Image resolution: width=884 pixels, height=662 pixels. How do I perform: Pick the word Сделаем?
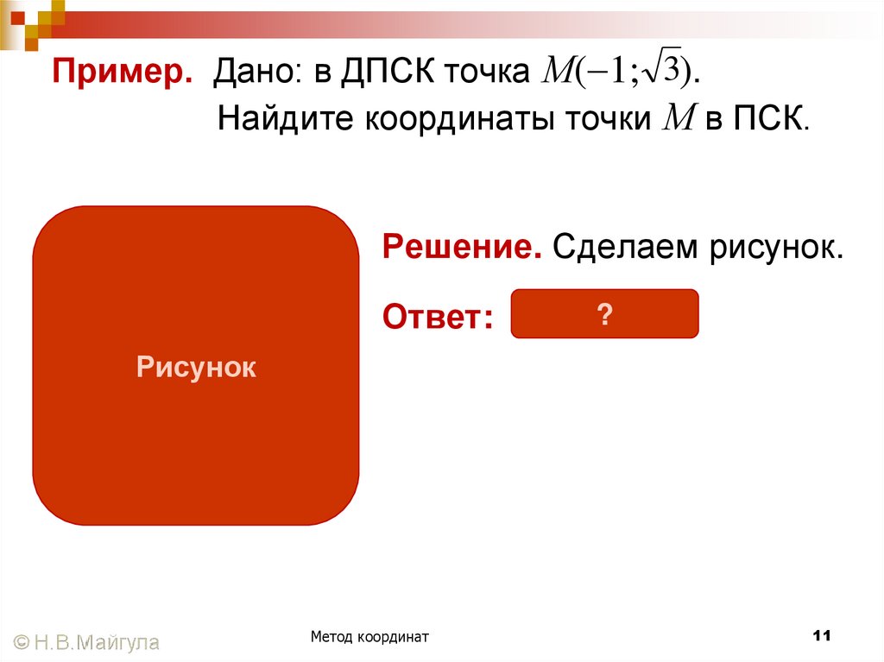tap(625, 249)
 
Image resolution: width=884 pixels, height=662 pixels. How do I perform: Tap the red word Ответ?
tap(438, 317)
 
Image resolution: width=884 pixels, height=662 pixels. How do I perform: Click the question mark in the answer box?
tap(604, 315)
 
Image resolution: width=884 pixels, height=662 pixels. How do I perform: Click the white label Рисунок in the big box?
tap(196, 368)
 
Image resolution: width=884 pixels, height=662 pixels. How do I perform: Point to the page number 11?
tap(821, 636)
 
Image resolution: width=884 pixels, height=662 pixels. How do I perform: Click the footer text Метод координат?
tap(370, 636)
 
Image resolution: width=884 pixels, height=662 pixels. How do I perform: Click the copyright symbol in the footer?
tap(22, 641)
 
